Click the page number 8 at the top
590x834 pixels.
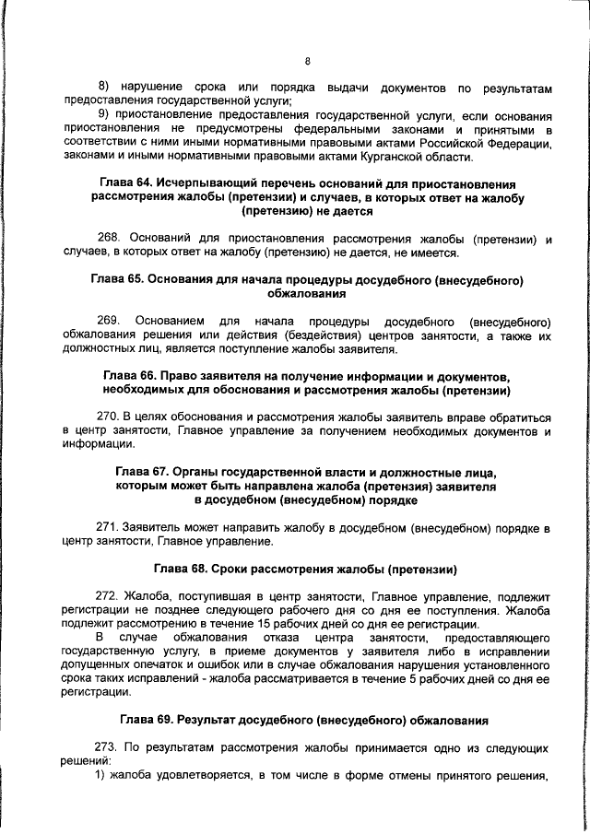(307, 62)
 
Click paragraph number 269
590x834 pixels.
(110, 322)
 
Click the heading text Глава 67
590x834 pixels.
(138, 472)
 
